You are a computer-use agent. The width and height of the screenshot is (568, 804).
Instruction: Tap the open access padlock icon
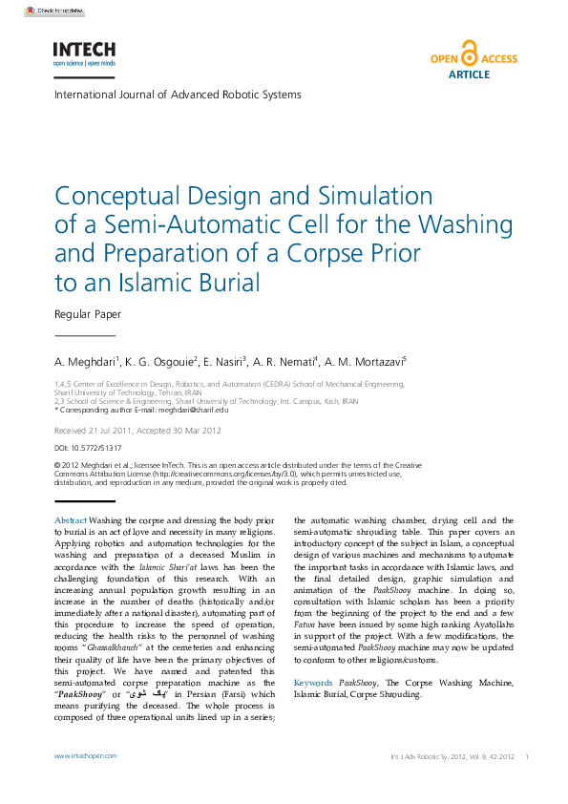tap(470, 52)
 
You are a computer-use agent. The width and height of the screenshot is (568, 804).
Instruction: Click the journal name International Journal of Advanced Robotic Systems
tap(178, 95)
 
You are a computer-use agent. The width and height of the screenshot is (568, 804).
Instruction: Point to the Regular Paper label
tap(88, 313)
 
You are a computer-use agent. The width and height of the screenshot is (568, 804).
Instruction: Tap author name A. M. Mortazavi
tap(364, 363)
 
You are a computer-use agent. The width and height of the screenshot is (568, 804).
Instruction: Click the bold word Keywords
tap(314, 683)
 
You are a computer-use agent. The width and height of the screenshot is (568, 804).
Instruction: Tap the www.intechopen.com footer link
tap(85, 755)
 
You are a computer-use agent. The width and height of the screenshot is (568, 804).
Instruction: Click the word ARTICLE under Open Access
tap(468, 74)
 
